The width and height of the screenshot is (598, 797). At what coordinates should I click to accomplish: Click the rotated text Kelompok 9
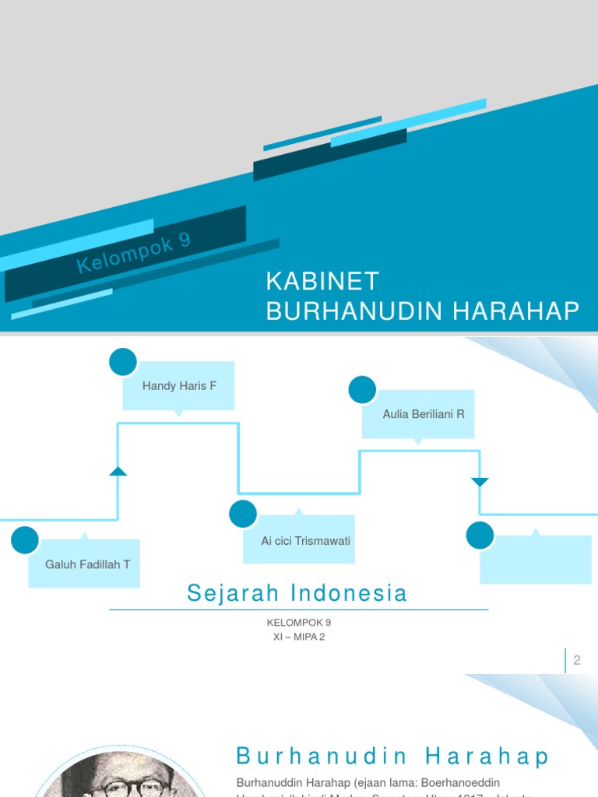pos(134,253)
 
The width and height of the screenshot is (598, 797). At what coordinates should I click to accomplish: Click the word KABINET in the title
pos(322,281)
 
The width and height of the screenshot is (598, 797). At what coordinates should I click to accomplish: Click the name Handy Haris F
pos(179,386)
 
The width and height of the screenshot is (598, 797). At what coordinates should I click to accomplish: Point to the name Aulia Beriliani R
pos(424,414)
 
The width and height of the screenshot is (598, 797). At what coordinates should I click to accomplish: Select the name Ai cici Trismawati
pos(301,540)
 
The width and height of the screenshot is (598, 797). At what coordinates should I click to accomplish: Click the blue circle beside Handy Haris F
pos(123,362)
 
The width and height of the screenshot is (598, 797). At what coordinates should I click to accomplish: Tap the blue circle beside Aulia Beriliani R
pos(362,390)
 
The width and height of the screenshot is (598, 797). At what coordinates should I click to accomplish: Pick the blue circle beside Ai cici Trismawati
pos(243,514)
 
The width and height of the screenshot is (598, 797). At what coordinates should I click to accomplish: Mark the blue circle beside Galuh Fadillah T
pos(25,540)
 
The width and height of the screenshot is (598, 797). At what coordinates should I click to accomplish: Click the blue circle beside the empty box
pos(480,535)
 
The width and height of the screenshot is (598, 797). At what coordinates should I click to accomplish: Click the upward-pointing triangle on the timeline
pos(118,471)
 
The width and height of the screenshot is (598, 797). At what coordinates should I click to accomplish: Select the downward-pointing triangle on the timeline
pos(480,482)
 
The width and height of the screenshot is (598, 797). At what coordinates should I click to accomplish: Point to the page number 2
pos(577,661)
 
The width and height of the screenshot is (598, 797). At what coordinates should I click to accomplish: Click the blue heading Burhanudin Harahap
pos(393,757)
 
